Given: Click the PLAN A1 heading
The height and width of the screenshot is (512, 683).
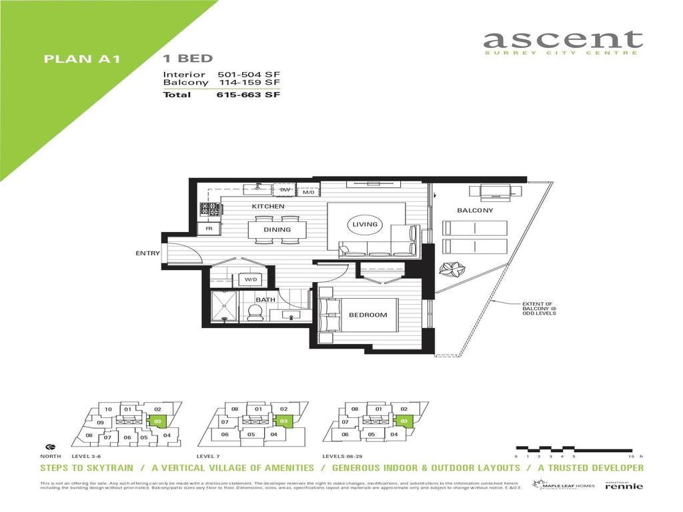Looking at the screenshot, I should point(81,59).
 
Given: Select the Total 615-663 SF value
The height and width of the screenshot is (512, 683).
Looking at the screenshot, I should point(248,95).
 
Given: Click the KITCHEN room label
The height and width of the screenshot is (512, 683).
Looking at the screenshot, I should point(268,207).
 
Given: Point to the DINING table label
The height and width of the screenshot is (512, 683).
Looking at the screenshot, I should point(277,230).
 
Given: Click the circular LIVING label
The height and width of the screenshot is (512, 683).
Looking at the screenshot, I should point(365,225).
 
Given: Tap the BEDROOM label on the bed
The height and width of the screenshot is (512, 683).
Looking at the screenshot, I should point(368,315).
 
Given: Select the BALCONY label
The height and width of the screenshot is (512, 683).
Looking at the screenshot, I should point(475,211).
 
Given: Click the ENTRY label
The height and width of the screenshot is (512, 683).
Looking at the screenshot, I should point(147,253).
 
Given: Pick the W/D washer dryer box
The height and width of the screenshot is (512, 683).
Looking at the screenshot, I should point(251,280).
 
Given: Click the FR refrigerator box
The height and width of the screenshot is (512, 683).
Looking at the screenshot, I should point(209,229).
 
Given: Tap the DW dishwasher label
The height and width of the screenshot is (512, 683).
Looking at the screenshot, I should point(285,191).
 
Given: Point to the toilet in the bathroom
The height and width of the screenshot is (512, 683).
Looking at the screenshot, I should point(253,312).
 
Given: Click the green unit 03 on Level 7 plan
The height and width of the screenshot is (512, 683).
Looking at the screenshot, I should point(283,421).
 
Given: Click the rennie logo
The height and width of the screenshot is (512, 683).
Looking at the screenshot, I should point(624,486).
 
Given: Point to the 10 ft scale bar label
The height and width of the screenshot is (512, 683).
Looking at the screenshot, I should point(633,457).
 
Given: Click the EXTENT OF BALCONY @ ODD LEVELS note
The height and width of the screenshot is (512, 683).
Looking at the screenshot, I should point(540,309).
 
